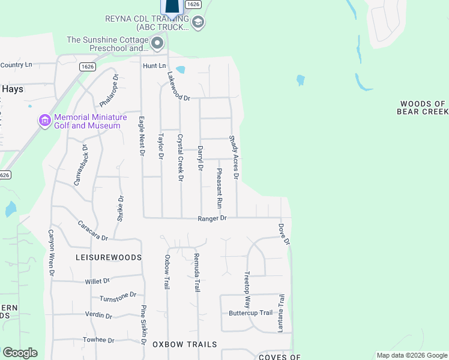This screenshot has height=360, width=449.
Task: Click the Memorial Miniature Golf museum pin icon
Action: [44, 121]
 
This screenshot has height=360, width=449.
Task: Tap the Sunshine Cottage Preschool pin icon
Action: [157, 43]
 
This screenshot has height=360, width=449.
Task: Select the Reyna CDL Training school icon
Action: [199, 23]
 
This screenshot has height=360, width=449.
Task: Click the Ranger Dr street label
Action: [212, 218]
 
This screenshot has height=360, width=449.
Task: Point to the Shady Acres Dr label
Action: [234, 157]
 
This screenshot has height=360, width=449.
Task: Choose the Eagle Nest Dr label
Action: [142, 136]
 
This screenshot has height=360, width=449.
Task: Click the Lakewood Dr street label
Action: [178, 86]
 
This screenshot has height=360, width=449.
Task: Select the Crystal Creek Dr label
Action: [180, 157]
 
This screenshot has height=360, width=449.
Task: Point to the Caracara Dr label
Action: [92, 230]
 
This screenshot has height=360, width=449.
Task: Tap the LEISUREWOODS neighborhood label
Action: [109, 257]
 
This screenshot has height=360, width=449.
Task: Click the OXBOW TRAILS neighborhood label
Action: [184, 344]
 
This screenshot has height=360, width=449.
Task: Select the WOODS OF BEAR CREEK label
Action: [422, 108]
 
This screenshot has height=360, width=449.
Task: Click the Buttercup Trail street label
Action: [250, 313]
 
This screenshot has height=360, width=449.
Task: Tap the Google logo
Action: [20, 353]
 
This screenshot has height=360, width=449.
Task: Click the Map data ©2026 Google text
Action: [411, 355]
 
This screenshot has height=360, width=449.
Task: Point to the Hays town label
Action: [12, 89]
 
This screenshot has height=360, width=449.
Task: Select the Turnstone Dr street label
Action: [118, 297]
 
